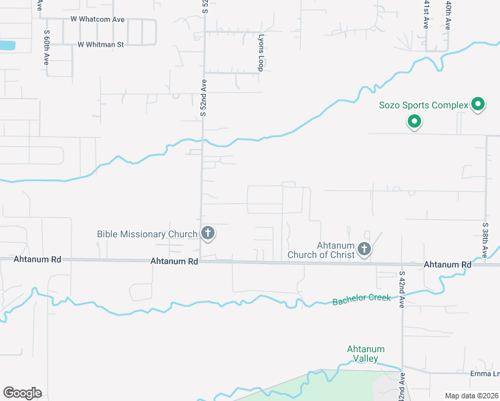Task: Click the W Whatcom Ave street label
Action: click(102, 19)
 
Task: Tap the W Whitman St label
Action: click(101, 45)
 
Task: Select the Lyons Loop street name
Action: click(261, 53)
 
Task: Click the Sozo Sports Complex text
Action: click(424, 105)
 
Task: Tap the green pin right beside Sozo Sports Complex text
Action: click(478, 104)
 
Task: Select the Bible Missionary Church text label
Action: click(147, 234)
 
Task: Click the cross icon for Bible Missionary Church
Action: click(208, 233)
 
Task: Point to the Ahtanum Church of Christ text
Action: click(321, 250)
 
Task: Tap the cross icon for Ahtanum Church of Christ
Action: click(364, 249)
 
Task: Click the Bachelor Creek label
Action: click(361, 299)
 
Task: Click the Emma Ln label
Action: click(485, 374)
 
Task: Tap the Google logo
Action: click(22, 392)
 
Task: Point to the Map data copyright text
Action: click(472, 396)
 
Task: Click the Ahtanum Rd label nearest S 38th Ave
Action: click(447, 265)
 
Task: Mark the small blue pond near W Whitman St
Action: click(7, 45)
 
